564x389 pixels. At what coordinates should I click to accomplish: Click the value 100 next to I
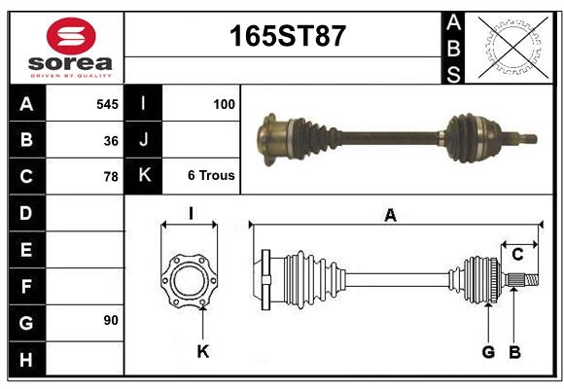tap(223, 103)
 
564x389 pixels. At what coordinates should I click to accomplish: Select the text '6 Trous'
tap(211, 176)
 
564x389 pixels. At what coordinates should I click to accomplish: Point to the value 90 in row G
tap(111, 320)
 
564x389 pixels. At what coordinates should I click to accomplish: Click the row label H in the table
tap(26, 360)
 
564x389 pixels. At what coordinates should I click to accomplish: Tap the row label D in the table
tap(26, 212)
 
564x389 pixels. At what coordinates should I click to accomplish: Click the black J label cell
tap(144, 140)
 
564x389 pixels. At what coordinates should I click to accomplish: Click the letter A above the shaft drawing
tap(390, 216)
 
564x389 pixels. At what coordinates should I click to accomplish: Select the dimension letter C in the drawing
tap(517, 255)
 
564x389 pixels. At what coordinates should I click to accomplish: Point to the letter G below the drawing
tap(488, 351)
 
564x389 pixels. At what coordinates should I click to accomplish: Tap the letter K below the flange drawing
tap(202, 351)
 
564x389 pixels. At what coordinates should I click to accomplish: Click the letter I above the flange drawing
tap(191, 214)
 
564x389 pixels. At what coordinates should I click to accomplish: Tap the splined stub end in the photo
tap(525, 137)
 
